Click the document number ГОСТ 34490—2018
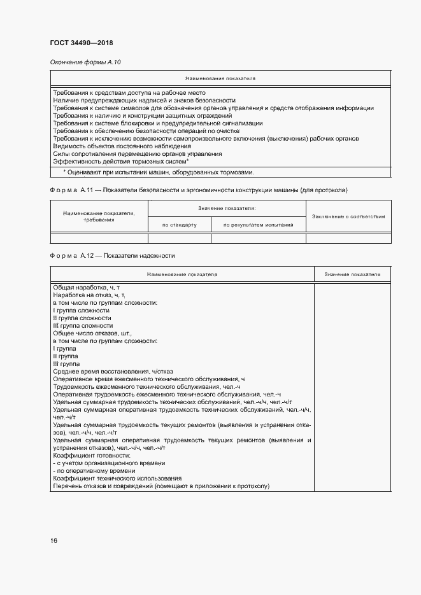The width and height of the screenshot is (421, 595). tap(81, 43)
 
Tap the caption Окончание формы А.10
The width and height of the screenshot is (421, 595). tap(85, 62)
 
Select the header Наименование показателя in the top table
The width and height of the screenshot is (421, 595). tap(220, 78)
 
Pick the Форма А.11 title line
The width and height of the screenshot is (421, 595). tap(199, 190)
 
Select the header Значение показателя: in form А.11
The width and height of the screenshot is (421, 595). tap(227, 208)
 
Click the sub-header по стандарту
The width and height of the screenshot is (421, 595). tap(179, 225)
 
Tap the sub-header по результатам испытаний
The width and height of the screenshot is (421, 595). tap(258, 225)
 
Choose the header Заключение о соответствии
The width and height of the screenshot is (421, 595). tap(348, 216)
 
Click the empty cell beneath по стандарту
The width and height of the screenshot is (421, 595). tap(179, 239)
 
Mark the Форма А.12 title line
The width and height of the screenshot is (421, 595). tap(112, 256)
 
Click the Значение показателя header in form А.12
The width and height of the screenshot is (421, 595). tap(352, 274)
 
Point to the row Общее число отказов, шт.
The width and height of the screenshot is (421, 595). tap(92, 333)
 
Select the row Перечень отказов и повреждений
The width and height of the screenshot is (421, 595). tap(162, 486)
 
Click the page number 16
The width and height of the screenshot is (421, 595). tap(54, 540)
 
